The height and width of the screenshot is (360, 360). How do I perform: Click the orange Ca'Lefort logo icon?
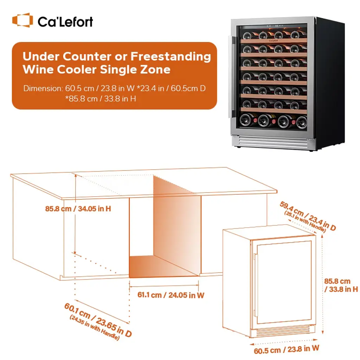tap(22, 20)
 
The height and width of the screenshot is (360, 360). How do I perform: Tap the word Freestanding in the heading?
tap(171, 56)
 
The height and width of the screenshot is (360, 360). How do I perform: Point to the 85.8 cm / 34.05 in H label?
tap(78, 209)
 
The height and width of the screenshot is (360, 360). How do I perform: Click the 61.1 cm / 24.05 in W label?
tap(171, 295)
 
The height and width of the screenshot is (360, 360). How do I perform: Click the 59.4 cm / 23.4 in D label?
tap(308, 216)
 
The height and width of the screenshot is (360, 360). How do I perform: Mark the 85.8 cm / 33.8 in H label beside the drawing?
tap(341, 285)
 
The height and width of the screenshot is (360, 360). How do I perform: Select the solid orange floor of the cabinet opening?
tap(164, 266)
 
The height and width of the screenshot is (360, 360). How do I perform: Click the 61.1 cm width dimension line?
tap(164, 286)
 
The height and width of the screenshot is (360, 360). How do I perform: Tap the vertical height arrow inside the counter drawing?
tap(75, 214)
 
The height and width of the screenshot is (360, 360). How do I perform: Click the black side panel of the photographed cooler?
tap(330, 84)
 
